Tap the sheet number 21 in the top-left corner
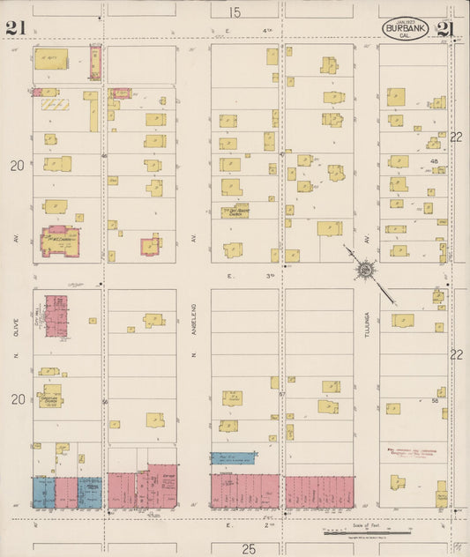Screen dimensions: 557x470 14,28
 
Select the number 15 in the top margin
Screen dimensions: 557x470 234,12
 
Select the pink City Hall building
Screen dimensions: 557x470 56,315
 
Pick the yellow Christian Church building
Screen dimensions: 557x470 51,395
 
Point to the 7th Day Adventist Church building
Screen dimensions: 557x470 235,212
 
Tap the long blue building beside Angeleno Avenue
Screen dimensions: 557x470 232,457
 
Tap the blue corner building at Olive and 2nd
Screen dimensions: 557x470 43,492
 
